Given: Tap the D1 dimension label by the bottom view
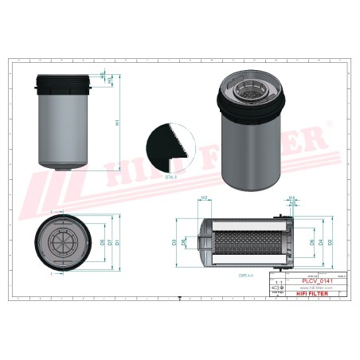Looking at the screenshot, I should pyautogui.click(x=116, y=241).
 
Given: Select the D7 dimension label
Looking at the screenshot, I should pyautogui.click(x=109, y=241).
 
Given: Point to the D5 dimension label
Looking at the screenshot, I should pyautogui.click(x=102, y=241).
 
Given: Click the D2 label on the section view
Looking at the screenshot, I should pyautogui.click(x=330, y=241).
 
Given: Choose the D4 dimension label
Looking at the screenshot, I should pyautogui.click(x=321, y=241).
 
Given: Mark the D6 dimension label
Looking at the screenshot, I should pyautogui.click(x=311, y=241).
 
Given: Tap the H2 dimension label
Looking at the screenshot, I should pyautogui.click(x=204, y=198).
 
